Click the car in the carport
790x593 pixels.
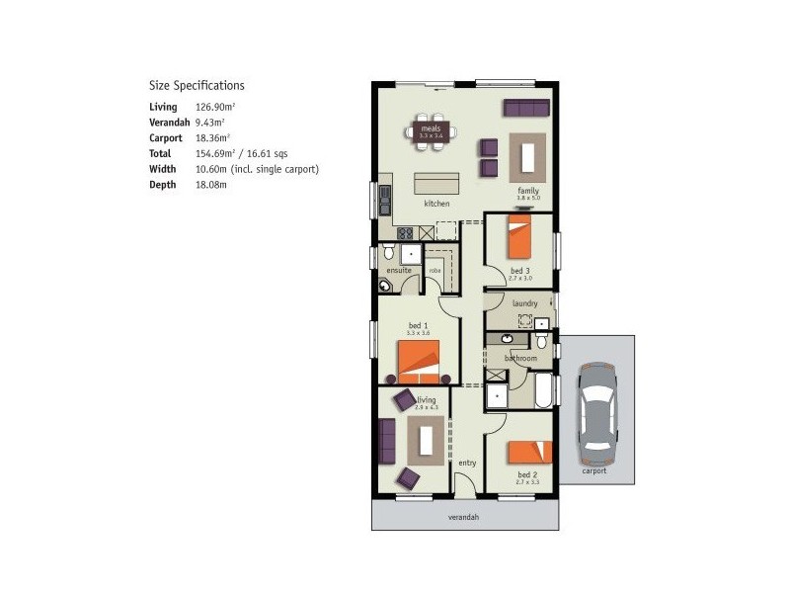(x=598, y=409)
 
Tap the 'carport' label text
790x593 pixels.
(x=593, y=470)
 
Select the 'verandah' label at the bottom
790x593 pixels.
(x=463, y=517)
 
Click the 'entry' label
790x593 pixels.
(x=467, y=463)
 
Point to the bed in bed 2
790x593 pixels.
(x=529, y=452)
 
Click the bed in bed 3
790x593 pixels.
(x=520, y=236)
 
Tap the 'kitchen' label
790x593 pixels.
(x=436, y=204)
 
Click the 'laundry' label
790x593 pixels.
(x=523, y=302)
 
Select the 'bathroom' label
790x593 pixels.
(x=520, y=358)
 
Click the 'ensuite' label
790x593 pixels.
(x=399, y=270)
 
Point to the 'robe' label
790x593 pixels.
(x=434, y=270)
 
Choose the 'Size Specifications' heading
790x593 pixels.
(x=197, y=86)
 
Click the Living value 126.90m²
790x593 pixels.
(x=214, y=107)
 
